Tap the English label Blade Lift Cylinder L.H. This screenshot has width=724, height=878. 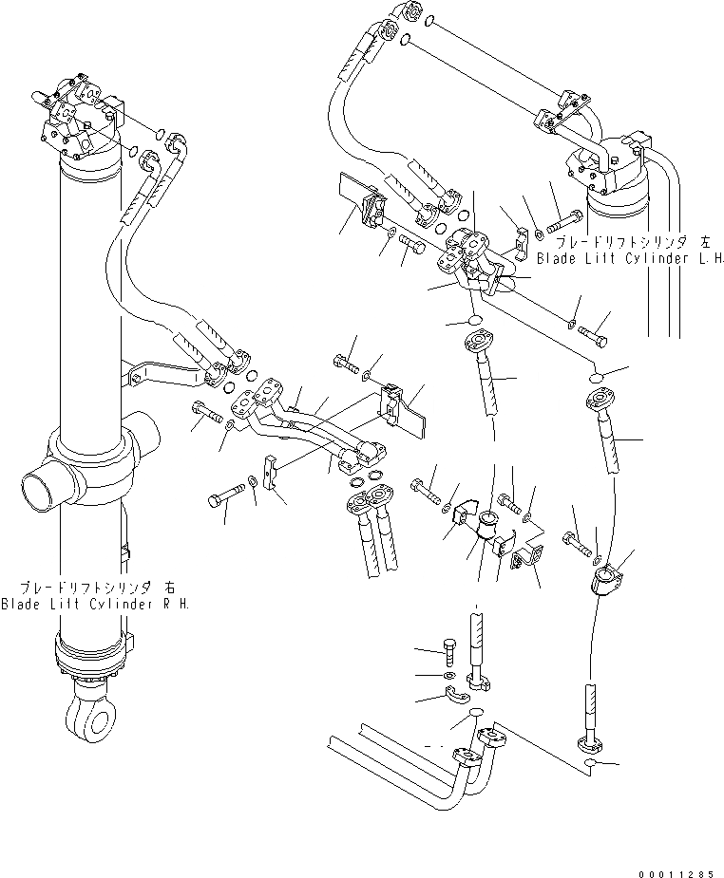(631, 258)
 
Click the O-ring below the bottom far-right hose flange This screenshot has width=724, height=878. (591, 763)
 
